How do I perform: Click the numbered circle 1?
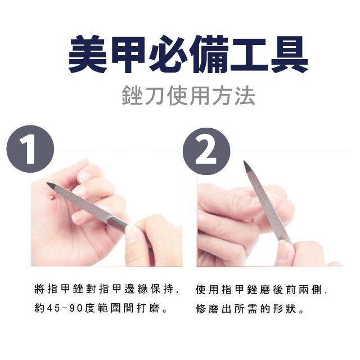pyautogui.click(x=30, y=148)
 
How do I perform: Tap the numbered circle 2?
pyautogui.click(x=206, y=151)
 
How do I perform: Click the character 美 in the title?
pyautogui.click(x=88, y=55)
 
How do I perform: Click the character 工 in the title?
pyautogui.click(x=249, y=55)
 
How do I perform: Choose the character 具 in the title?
pyautogui.click(x=289, y=55)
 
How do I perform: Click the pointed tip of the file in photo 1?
pyautogui.click(x=47, y=183)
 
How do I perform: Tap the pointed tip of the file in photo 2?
pyautogui.click(x=244, y=161)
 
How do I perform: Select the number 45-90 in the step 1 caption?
pyautogui.click(x=64, y=308)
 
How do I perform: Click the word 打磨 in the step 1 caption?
pyautogui.click(x=148, y=308)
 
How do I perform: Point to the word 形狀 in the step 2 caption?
pyautogui.click(x=285, y=309)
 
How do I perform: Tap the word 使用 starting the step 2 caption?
pyautogui.click(x=207, y=290)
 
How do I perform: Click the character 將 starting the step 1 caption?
pyautogui.click(x=39, y=289)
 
